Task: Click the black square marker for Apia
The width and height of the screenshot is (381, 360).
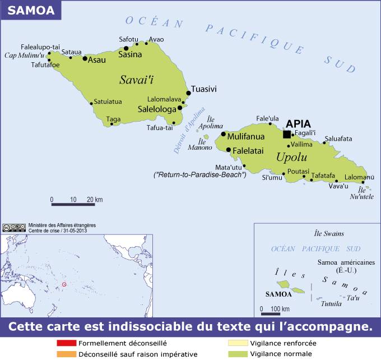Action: [x=287, y=134]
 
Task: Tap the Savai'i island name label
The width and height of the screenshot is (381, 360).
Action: [x=137, y=80]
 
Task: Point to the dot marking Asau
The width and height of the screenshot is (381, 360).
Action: [x=85, y=58]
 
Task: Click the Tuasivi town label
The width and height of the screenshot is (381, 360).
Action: [x=204, y=89]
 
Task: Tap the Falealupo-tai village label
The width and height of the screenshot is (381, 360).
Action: [x=40, y=47]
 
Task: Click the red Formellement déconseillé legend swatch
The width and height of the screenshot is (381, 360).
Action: [x=66, y=343]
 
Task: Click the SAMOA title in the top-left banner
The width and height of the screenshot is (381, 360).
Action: [x=24, y=11]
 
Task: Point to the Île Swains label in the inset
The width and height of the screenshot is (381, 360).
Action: [x=329, y=233]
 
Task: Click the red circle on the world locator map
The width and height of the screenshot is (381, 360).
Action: [x=64, y=285]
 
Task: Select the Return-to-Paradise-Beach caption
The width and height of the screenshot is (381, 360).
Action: [x=200, y=175]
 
